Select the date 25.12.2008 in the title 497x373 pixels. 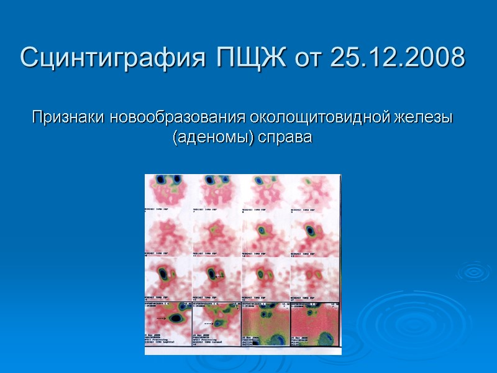point(398,58)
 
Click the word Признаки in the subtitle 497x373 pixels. point(69,117)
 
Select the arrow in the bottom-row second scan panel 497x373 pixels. point(213,323)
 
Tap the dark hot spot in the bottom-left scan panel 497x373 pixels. point(176,318)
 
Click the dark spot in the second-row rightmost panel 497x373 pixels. point(309,231)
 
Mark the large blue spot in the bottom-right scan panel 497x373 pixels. point(325,339)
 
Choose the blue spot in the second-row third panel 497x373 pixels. point(262,230)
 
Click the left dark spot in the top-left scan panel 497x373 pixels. point(160,180)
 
